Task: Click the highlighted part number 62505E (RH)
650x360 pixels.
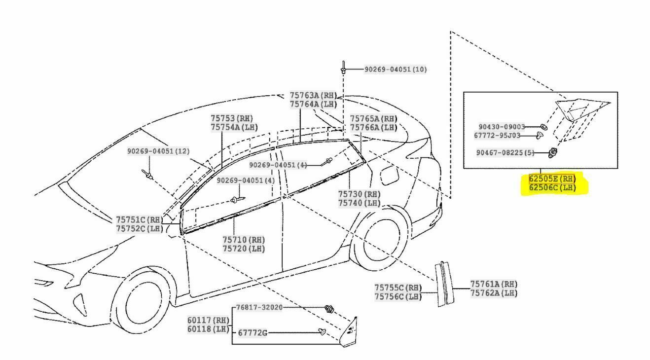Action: pos(552,179)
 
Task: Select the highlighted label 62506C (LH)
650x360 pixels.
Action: pos(552,187)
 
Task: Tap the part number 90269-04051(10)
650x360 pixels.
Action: pos(396,70)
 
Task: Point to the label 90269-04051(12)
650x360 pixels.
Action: pos(158,151)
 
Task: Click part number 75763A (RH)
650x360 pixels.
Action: pos(313,95)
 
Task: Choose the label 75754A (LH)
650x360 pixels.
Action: pos(234,127)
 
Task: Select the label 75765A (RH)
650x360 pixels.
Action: pos(373,119)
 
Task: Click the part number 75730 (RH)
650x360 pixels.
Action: pos(359,194)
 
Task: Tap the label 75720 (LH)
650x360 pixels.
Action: pos(244,249)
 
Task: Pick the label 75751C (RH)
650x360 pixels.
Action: pos(139,219)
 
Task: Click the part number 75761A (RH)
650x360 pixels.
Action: pos(494,284)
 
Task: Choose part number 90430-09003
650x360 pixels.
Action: pos(502,127)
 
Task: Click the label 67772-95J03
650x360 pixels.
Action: pos(502,135)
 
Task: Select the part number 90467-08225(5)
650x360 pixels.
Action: pos(505,152)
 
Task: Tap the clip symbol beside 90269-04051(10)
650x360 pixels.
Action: pos(343,68)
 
